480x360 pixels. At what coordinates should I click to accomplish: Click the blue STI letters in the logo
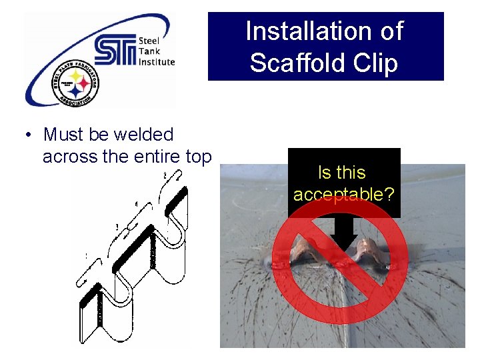coord(115,49)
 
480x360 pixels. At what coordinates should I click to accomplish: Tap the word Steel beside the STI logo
coord(148,40)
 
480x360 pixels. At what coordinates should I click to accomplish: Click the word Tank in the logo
coord(147,51)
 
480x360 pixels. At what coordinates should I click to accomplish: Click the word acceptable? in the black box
coord(343,195)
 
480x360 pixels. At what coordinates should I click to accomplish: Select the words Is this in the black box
coord(342,173)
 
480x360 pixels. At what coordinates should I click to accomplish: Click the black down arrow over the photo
coord(344,233)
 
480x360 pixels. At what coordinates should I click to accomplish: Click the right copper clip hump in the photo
coord(367,253)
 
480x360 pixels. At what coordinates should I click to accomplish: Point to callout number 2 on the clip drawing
coord(164,176)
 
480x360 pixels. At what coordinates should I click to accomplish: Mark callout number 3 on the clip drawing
coord(117,227)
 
